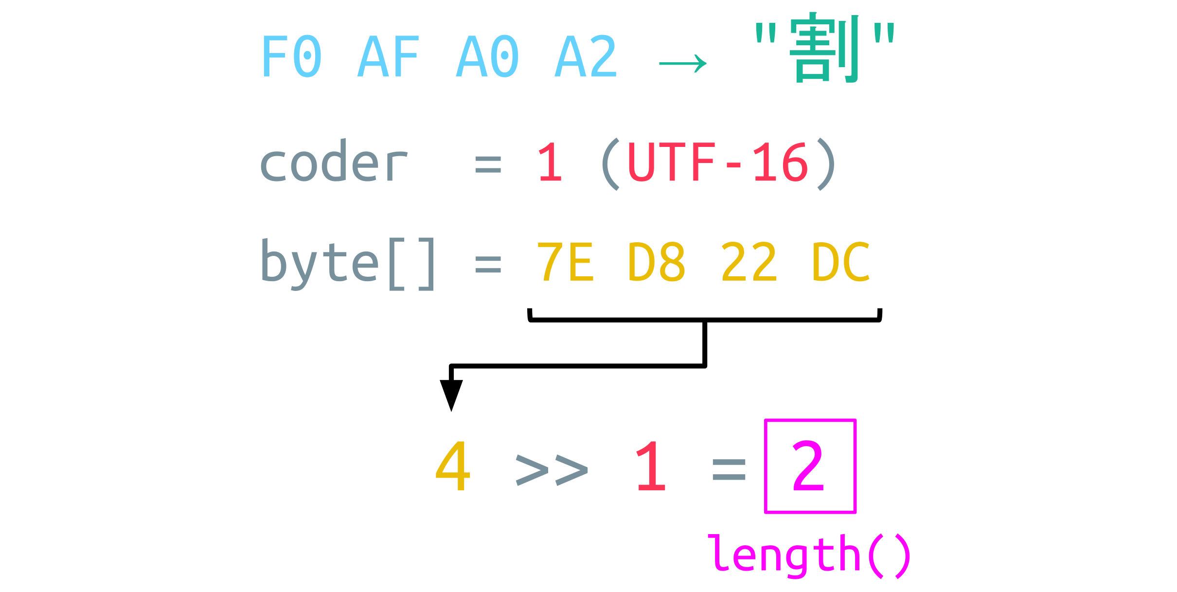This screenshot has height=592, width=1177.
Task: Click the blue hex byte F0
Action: [x=291, y=56]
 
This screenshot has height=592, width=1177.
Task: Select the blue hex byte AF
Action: [x=388, y=56]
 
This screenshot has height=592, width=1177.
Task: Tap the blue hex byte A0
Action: [x=487, y=56]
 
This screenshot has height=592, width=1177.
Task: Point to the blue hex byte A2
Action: [x=586, y=56]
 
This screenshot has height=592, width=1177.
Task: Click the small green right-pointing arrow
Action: [x=682, y=64]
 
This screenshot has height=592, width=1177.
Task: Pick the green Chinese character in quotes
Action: [x=824, y=49]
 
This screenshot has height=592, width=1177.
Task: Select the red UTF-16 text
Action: [x=718, y=162]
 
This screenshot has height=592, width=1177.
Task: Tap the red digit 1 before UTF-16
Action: [x=551, y=162]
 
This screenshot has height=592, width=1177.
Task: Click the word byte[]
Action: [x=348, y=264]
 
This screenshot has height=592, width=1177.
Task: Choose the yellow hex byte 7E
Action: [x=565, y=263]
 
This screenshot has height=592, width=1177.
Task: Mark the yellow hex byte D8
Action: [x=657, y=263]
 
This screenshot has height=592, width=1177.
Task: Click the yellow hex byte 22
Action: [x=749, y=263]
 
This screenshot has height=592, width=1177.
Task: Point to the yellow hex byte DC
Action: [x=841, y=263]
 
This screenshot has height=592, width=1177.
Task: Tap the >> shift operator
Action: [x=552, y=470]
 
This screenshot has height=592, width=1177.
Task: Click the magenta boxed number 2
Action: [x=809, y=466]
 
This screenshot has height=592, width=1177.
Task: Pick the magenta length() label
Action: [x=809, y=556]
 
